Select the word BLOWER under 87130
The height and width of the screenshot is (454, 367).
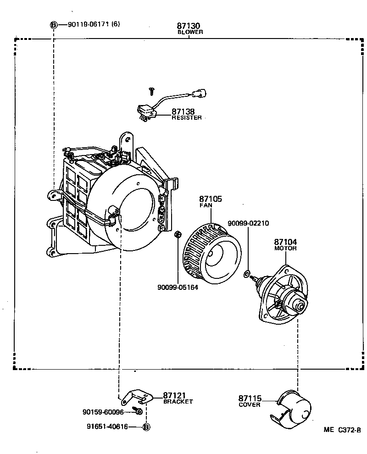[x=190, y=33]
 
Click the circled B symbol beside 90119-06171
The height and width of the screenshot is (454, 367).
[x=53, y=24]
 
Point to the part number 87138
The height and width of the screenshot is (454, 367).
[x=183, y=111]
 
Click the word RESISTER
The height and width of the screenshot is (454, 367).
[x=186, y=118]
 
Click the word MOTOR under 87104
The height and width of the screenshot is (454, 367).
[x=285, y=248]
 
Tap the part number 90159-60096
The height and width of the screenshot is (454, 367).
[x=103, y=412]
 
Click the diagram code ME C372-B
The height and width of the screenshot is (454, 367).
[x=342, y=430]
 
